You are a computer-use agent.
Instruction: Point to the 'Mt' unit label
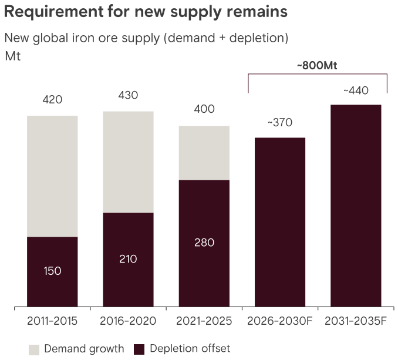tap(12, 57)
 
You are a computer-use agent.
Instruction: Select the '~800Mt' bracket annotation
tap(317, 66)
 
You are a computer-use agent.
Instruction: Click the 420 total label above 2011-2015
tap(52, 100)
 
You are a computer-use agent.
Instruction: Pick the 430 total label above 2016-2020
tap(128, 95)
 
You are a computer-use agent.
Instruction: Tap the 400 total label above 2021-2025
tap(204, 109)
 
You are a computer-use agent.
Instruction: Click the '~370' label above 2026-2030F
tap(279, 123)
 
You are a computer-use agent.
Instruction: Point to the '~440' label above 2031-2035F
tap(355, 90)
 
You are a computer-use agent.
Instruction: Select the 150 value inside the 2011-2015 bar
tap(52, 271)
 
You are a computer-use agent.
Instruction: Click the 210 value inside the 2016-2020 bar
tap(128, 258)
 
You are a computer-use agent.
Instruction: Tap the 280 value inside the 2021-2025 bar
tap(204, 243)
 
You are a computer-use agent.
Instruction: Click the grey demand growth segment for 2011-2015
tap(52, 176)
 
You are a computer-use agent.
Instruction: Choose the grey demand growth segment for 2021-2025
tap(204, 153)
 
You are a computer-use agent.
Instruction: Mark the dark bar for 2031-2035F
tap(355, 206)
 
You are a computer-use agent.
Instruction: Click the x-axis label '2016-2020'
tap(128, 321)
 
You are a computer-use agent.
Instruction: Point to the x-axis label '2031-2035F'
tap(355, 321)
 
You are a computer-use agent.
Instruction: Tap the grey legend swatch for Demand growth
tap(33, 349)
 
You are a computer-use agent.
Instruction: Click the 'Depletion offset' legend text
tap(190, 349)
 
